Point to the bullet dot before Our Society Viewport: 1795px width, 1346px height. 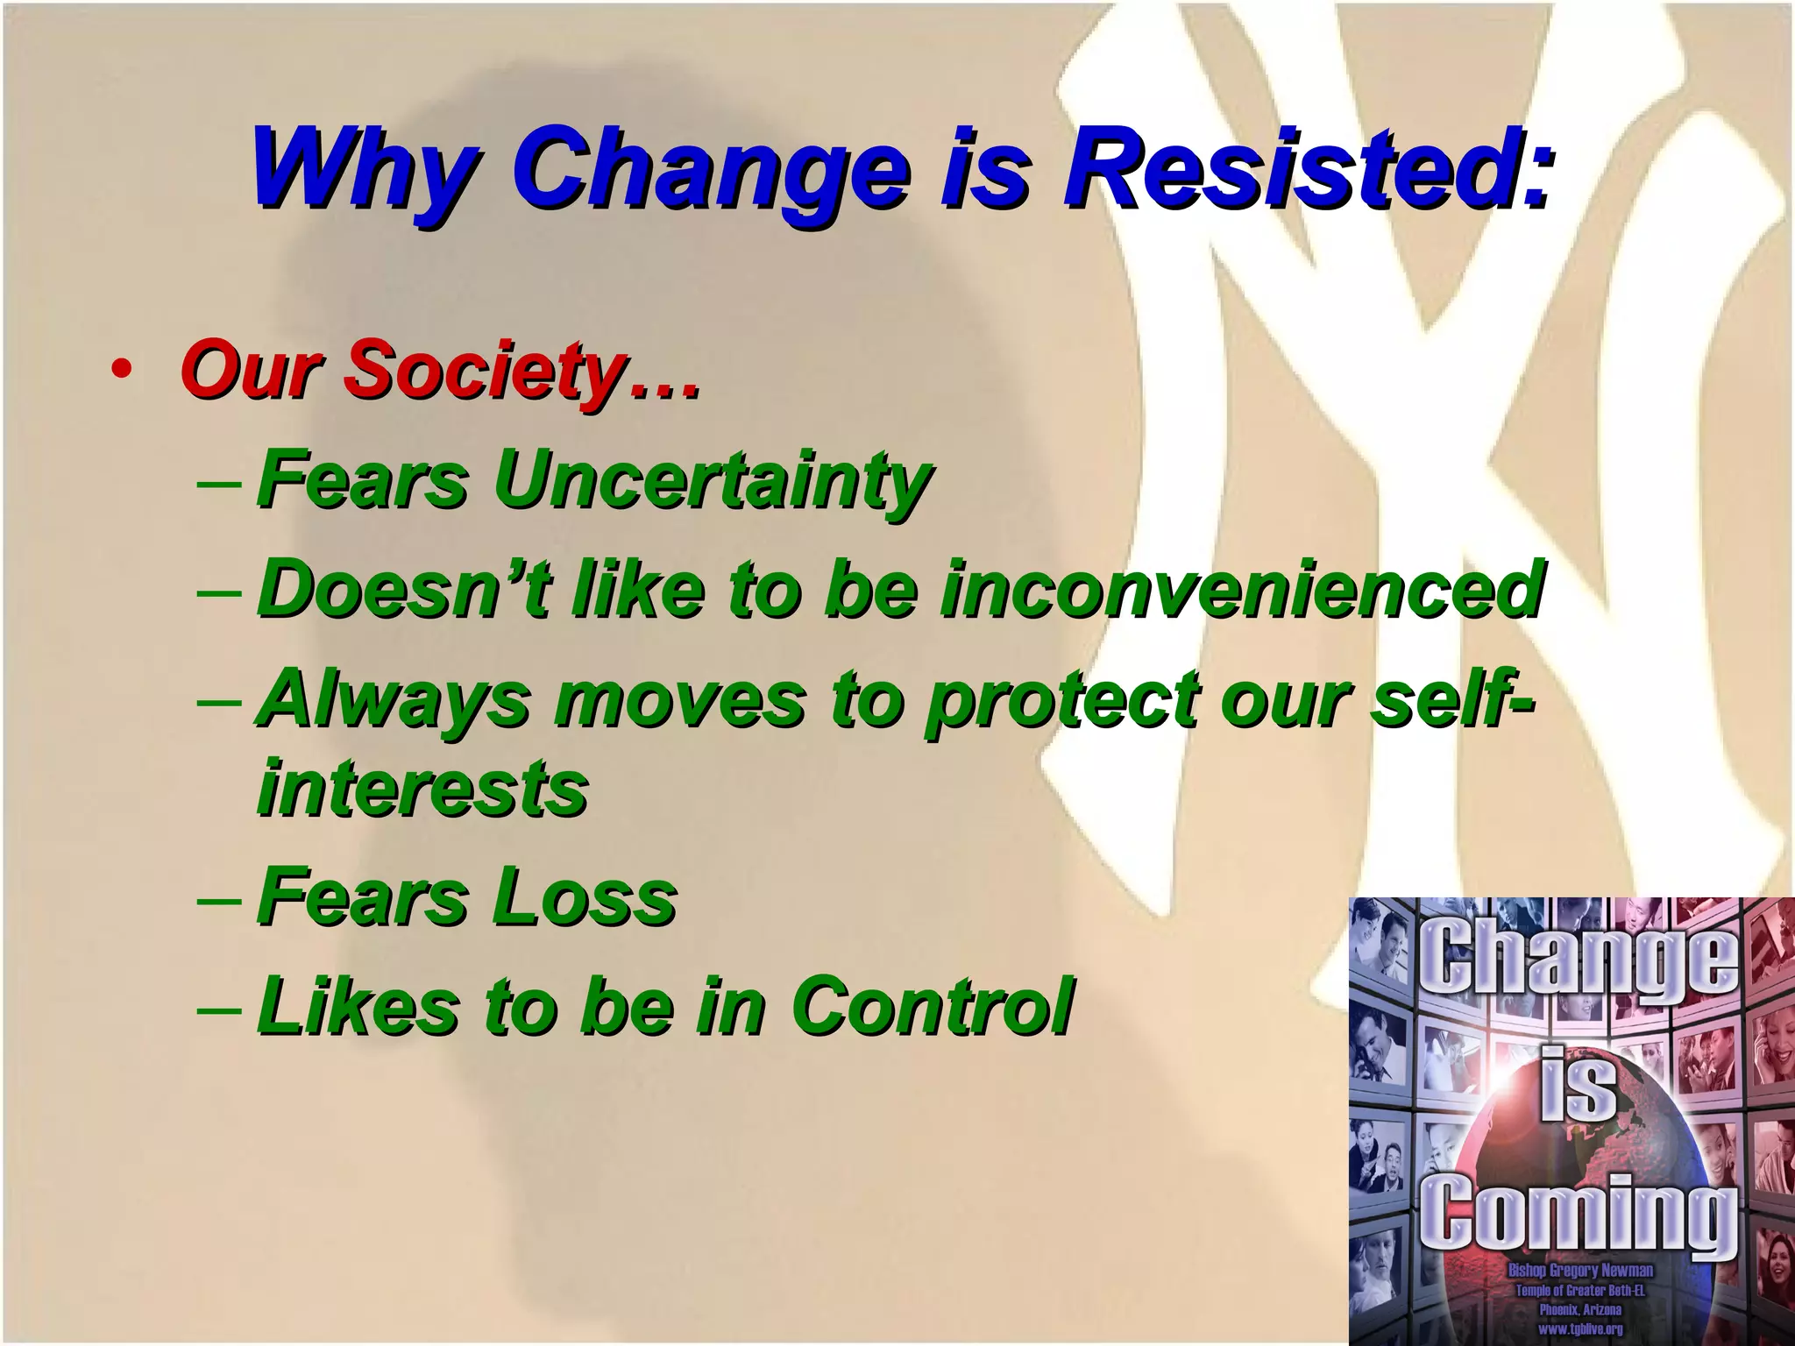tap(122, 370)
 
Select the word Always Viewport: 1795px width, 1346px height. tap(394, 699)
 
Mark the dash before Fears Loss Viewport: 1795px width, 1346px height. tap(217, 899)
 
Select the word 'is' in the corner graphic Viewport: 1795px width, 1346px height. tap(1578, 1085)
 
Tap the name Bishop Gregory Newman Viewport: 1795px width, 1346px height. tap(1580, 1271)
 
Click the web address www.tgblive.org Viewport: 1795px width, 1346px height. tap(1580, 1329)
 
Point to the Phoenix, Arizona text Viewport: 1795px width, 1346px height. tap(1580, 1310)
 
